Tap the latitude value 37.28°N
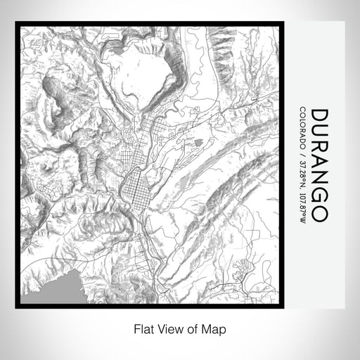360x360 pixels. click(x=302, y=173)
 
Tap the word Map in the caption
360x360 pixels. click(x=215, y=328)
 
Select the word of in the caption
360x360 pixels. click(x=192, y=328)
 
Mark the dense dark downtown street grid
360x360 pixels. click(x=134, y=187)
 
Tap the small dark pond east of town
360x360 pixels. click(x=198, y=143)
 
